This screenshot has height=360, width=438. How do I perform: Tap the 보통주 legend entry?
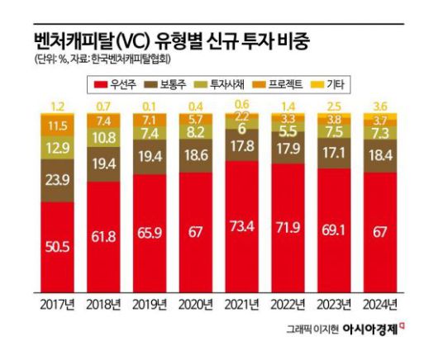[x=177, y=83]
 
